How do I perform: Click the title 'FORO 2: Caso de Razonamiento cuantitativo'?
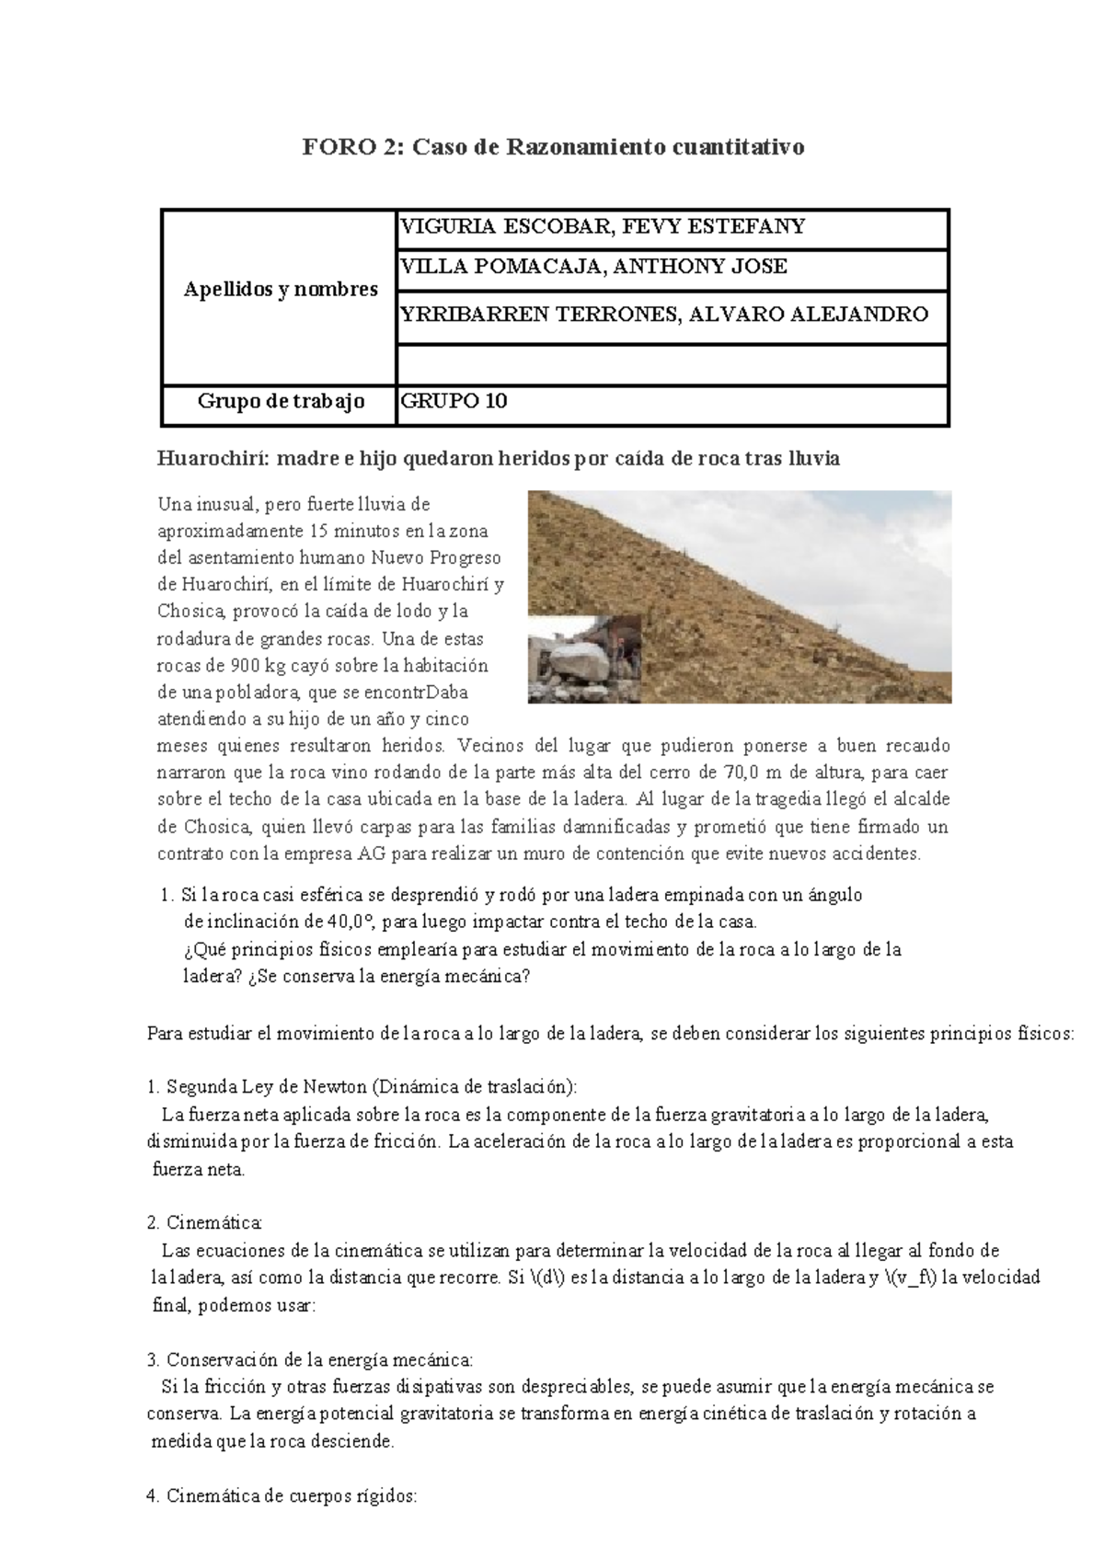click(554, 147)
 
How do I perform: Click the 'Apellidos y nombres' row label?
click(281, 290)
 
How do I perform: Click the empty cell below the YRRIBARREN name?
click(672, 363)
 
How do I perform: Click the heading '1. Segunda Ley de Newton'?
click(362, 1087)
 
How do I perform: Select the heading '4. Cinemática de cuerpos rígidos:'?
click(282, 1495)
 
